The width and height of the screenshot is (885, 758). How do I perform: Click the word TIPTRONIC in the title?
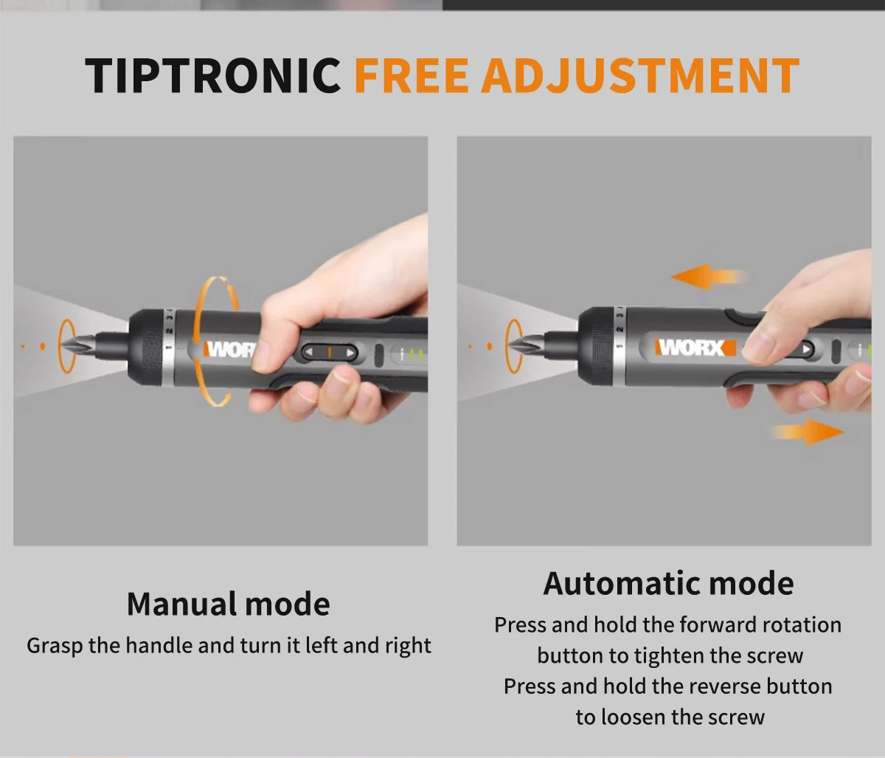(x=212, y=75)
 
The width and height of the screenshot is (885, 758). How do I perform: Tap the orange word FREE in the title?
(x=411, y=75)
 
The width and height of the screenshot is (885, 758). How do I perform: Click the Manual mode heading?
(x=228, y=604)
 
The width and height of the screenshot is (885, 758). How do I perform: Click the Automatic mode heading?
(x=668, y=583)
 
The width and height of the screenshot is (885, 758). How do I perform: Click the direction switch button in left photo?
(x=330, y=352)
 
